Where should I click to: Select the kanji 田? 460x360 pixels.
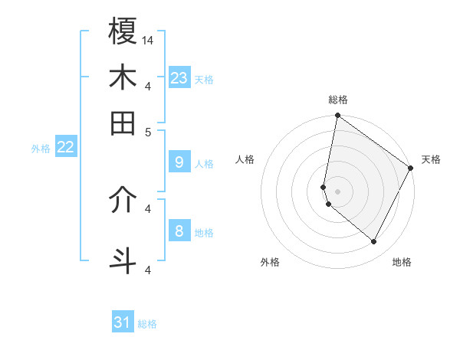(x=123, y=123)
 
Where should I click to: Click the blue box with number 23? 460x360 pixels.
(x=179, y=77)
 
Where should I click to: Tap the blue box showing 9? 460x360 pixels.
(x=179, y=162)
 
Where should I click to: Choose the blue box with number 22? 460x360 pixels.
(x=65, y=146)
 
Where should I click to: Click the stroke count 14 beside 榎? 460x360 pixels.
(x=148, y=39)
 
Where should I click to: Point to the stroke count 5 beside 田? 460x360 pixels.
(x=148, y=131)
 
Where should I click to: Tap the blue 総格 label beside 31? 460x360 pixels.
(x=147, y=324)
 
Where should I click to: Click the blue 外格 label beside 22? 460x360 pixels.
(x=41, y=149)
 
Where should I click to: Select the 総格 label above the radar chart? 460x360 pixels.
(x=337, y=100)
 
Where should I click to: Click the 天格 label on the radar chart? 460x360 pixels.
(x=431, y=160)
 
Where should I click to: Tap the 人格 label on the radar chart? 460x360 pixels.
(x=245, y=160)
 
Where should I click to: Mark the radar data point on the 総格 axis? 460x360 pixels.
(x=337, y=116)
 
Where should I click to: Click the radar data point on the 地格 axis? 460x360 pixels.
(x=374, y=242)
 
